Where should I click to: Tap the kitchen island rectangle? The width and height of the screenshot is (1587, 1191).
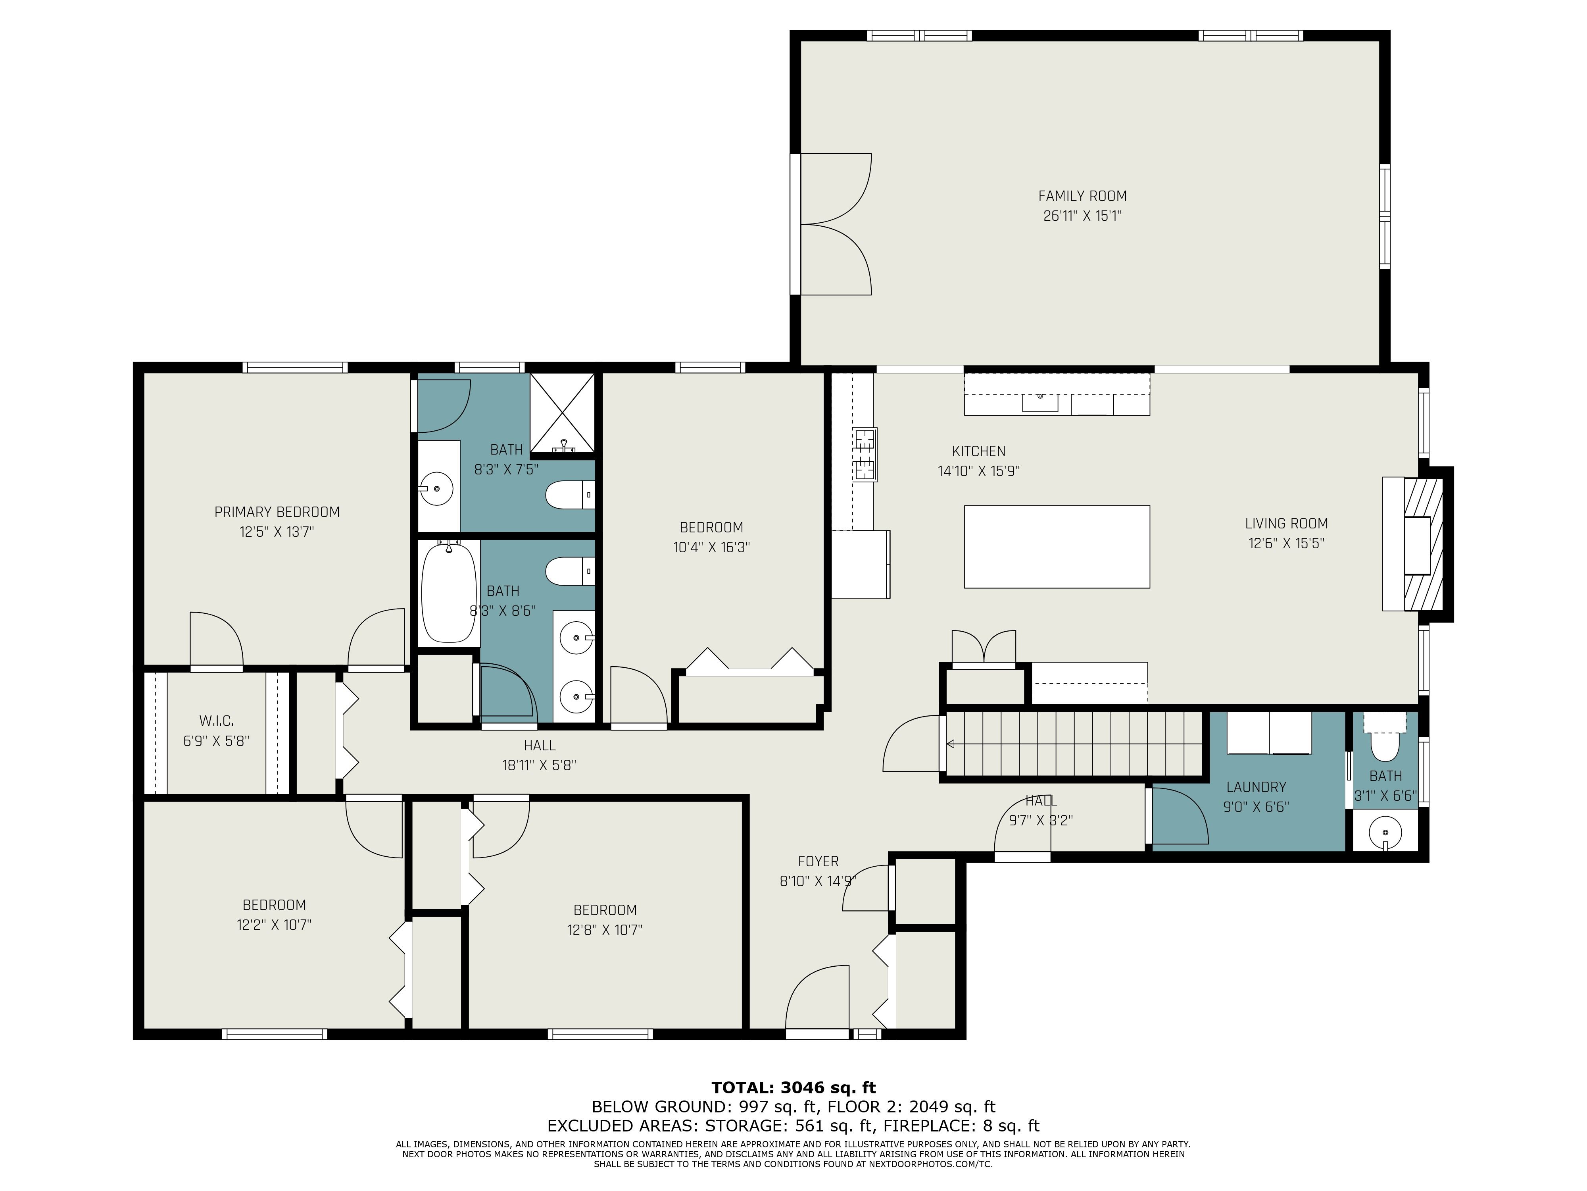coord(1057,547)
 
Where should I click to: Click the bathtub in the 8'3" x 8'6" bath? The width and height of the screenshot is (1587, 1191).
coord(449,593)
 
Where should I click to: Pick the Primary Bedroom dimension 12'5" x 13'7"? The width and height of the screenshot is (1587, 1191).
coord(277,532)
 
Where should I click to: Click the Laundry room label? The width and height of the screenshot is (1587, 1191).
coord(1256,787)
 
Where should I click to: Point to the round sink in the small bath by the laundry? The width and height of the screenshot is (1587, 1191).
coord(1385,833)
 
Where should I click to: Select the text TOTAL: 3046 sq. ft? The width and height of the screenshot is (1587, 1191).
coord(793,1088)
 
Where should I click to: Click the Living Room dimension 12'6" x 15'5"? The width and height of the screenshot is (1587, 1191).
coord(1286,543)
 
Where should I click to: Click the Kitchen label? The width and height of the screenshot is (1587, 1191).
coord(979,451)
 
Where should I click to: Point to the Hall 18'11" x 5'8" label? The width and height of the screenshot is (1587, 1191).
coord(539,755)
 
